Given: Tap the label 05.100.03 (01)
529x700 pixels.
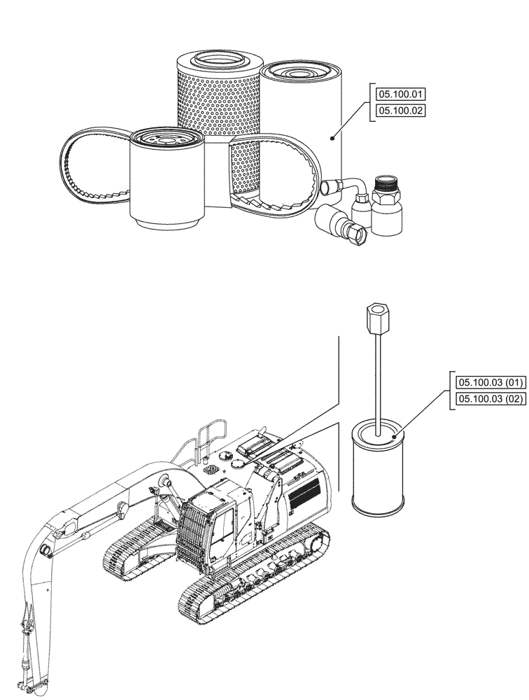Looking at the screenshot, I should (489, 382).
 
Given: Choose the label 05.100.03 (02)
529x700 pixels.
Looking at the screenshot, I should (489, 399).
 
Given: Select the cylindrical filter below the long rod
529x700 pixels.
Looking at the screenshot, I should (379, 470).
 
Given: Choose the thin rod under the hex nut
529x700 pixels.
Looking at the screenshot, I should (376, 371).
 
